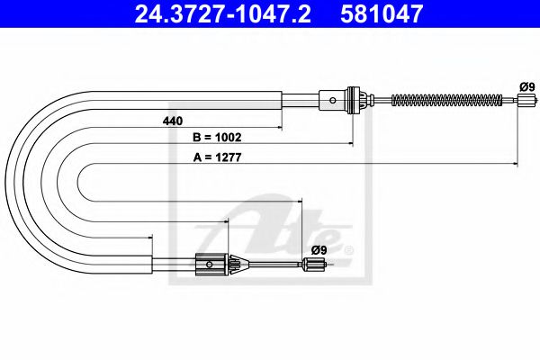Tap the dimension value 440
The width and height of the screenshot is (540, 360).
click(173, 121)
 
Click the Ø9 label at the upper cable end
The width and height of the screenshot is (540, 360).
click(526, 85)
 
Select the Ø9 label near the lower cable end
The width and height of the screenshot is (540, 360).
click(318, 249)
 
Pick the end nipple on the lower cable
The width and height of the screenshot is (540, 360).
click(312, 264)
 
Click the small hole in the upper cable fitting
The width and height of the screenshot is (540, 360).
click(334, 98)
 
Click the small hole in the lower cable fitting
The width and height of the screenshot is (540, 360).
click(209, 264)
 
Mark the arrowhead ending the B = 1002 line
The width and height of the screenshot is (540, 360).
click(350, 144)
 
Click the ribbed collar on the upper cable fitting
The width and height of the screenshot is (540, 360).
click(355, 98)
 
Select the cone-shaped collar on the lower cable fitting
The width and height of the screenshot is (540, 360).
click(237, 264)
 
